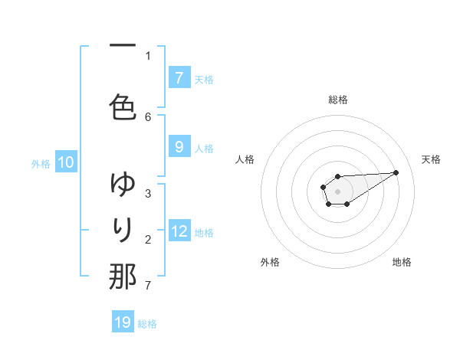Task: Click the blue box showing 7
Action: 179,77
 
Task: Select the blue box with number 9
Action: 179,147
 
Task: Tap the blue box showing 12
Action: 179,231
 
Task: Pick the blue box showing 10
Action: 66,162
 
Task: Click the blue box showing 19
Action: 123,322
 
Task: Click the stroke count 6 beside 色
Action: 148,116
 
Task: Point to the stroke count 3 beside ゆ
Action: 148,193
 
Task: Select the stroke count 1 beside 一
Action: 148,55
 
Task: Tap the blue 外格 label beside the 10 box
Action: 41,163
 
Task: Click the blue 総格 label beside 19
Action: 147,324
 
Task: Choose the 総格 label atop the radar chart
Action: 337,100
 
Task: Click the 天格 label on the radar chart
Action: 431,159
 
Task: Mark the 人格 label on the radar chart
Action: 245,159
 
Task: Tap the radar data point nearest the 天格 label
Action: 396,172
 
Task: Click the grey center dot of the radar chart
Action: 337,190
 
